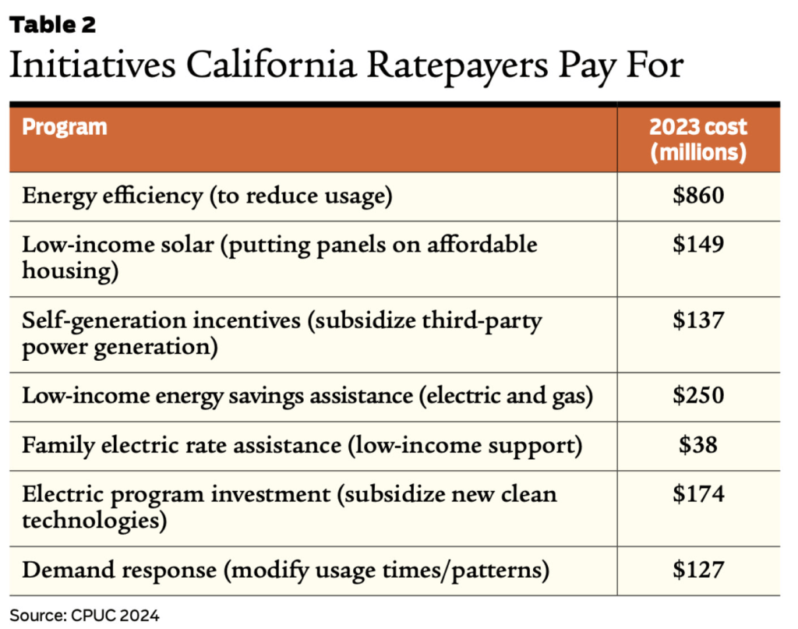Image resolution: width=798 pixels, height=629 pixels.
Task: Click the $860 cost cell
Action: click(698, 195)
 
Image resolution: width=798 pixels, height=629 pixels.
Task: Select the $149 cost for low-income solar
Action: click(698, 244)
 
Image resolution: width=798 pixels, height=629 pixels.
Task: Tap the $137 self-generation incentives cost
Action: click(698, 320)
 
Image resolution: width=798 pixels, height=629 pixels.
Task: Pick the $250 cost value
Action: click(698, 396)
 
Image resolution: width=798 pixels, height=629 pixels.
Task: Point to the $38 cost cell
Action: click(698, 445)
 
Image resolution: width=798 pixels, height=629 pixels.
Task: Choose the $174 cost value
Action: click(698, 493)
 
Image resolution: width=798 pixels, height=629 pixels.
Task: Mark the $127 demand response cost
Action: click(698, 570)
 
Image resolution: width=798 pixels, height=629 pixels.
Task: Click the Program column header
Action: click(65, 127)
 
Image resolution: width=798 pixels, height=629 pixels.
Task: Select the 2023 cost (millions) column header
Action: click(698, 139)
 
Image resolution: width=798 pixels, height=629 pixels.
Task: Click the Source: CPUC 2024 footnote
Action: click(84, 615)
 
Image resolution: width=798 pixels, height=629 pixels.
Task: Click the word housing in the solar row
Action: click(65, 270)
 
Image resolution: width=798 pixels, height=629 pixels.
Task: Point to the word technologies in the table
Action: click(94, 520)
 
